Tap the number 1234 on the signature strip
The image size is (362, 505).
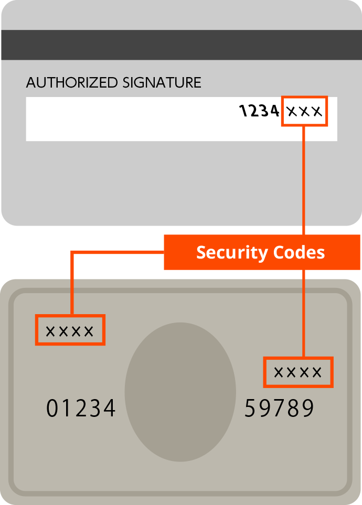[x=259, y=111]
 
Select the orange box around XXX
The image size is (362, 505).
[x=305, y=111]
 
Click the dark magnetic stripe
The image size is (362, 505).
[x=181, y=45]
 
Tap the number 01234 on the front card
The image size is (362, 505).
[x=81, y=409]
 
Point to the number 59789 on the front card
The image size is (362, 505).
[x=280, y=409]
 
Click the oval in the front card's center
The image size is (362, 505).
[x=180, y=392]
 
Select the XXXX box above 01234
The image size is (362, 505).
[x=70, y=330]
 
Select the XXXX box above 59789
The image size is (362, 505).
[x=298, y=372]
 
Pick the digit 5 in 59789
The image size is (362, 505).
[x=251, y=409]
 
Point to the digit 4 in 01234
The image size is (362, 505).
[x=109, y=409]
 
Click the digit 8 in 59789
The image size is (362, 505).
[x=294, y=409]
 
